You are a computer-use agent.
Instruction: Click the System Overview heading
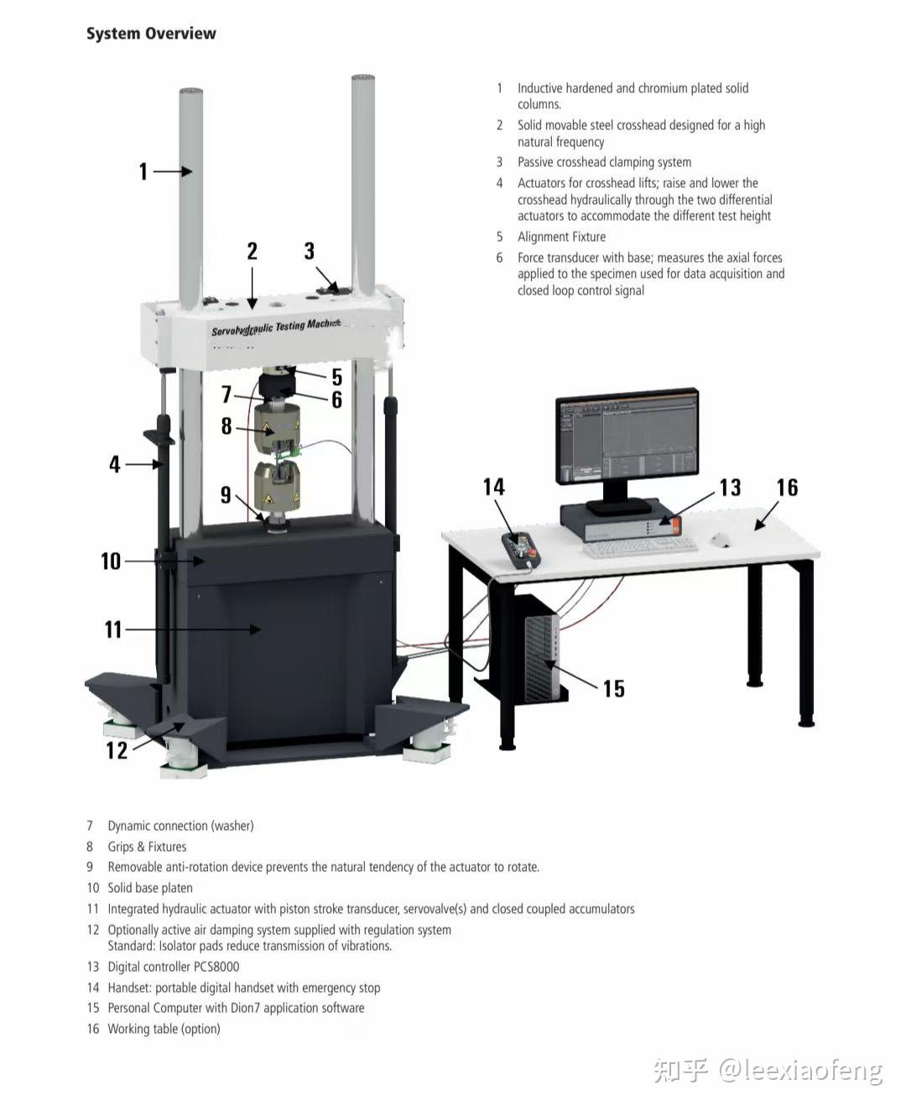pos(151,34)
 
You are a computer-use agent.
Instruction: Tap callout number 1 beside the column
pos(143,171)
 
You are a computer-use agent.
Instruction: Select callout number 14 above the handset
pos(493,487)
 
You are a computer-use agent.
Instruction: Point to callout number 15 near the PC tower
pos(614,689)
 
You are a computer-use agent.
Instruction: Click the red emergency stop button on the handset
pos(532,552)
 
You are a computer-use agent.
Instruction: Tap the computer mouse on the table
pos(720,540)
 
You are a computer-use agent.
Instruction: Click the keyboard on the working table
pos(640,548)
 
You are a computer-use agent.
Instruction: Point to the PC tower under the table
pos(542,650)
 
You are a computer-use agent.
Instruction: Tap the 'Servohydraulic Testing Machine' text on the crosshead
pos(276,326)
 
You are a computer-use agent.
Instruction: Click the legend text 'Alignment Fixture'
pos(561,237)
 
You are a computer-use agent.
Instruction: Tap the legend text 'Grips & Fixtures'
pos(147,847)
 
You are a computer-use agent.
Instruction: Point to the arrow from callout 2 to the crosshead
pos(253,288)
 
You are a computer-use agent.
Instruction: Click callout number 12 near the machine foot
pos(117,751)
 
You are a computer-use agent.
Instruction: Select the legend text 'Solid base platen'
pos(150,888)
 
